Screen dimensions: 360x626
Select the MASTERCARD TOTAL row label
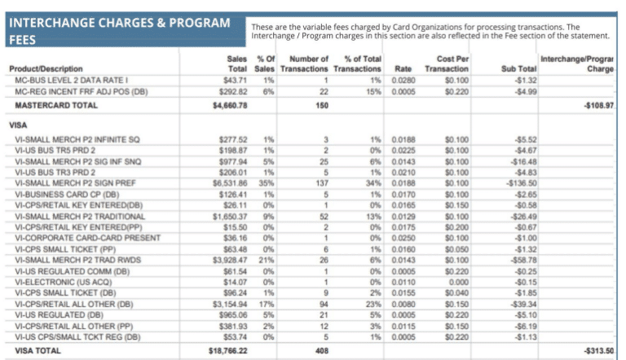tap(50, 105)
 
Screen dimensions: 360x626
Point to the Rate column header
tap(403, 69)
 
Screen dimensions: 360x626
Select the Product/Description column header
tap(44, 69)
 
